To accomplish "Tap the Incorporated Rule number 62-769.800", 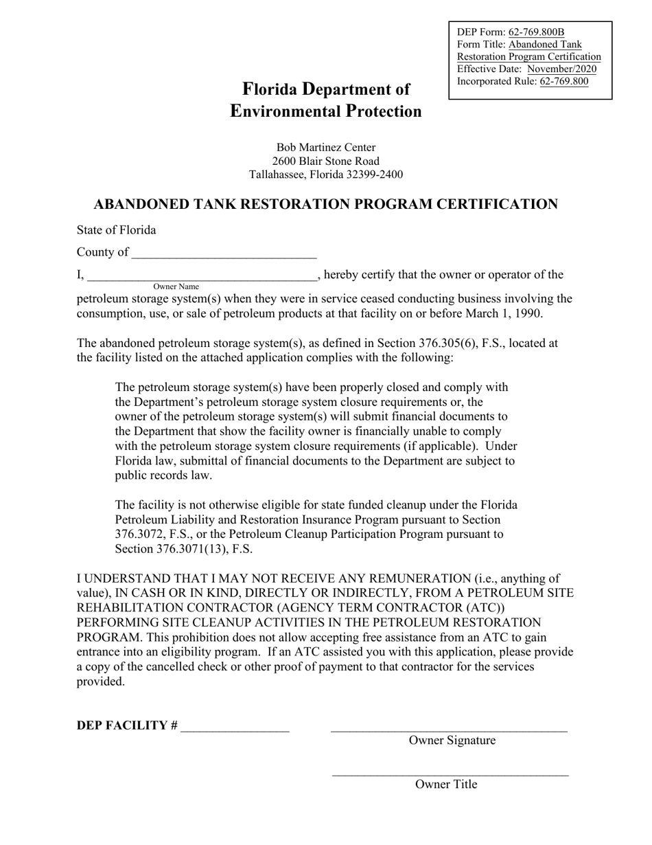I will [x=563, y=81].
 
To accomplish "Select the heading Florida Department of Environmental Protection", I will [x=326, y=100].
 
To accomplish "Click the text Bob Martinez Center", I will [x=326, y=147].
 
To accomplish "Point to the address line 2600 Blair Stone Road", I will [x=326, y=161].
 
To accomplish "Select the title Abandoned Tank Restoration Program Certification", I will [x=325, y=205].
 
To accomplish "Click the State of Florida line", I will [x=116, y=230].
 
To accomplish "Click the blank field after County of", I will [x=224, y=254].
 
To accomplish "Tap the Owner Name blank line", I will [x=202, y=277].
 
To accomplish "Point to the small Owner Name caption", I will [x=176, y=286].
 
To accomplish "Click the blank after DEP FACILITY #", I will [x=235, y=728].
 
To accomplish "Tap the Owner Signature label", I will [x=452, y=741].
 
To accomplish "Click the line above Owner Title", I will [x=450, y=774].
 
